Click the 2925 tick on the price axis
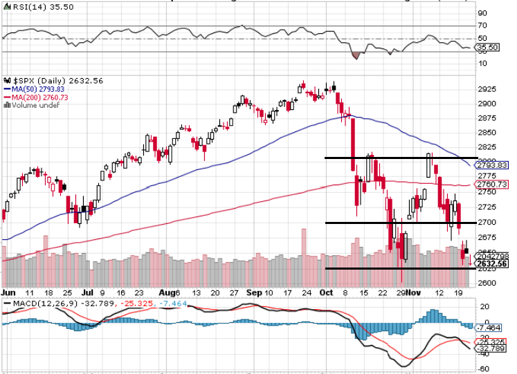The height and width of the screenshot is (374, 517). click(487, 89)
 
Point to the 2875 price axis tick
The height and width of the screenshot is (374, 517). click(487, 118)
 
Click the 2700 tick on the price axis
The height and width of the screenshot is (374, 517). click(487, 223)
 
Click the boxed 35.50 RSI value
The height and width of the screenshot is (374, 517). click(489, 48)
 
